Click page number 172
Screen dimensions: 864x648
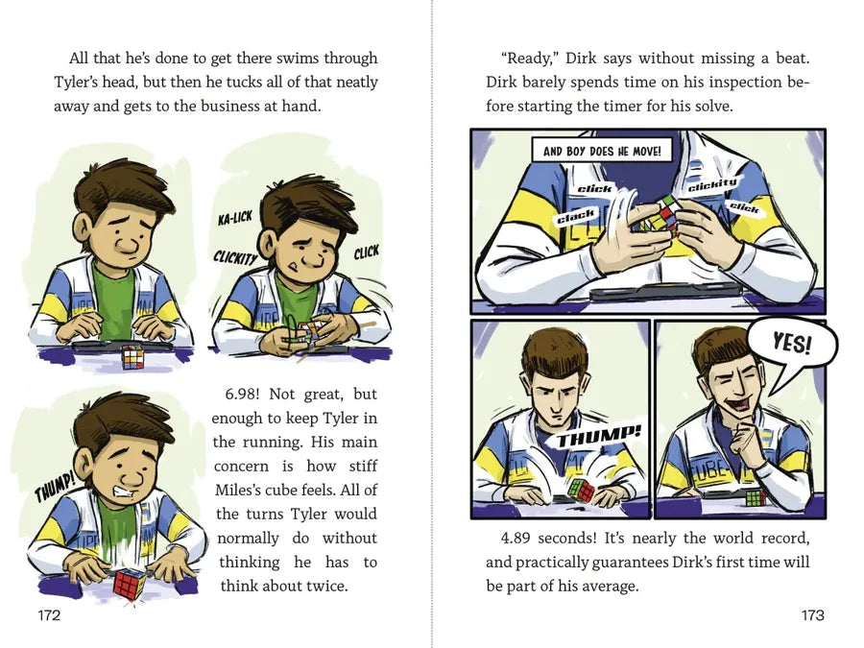(x=49, y=615)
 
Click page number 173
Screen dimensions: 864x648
(x=813, y=615)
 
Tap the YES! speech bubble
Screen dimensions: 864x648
(x=792, y=344)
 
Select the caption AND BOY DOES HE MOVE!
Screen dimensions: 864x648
(x=602, y=151)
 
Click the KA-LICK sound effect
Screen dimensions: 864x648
(x=235, y=218)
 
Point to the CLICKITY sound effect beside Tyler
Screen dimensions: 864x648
(x=236, y=256)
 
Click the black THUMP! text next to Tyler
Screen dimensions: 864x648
(x=54, y=487)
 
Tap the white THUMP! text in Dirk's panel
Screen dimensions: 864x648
(x=599, y=437)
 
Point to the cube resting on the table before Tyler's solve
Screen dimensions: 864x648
(x=132, y=356)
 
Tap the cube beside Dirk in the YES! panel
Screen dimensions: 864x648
(x=756, y=497)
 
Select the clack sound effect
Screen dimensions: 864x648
(x=576, y=216)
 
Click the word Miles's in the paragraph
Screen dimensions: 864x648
(x=236, y=490)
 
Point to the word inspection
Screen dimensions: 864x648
(x=746, y=83)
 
